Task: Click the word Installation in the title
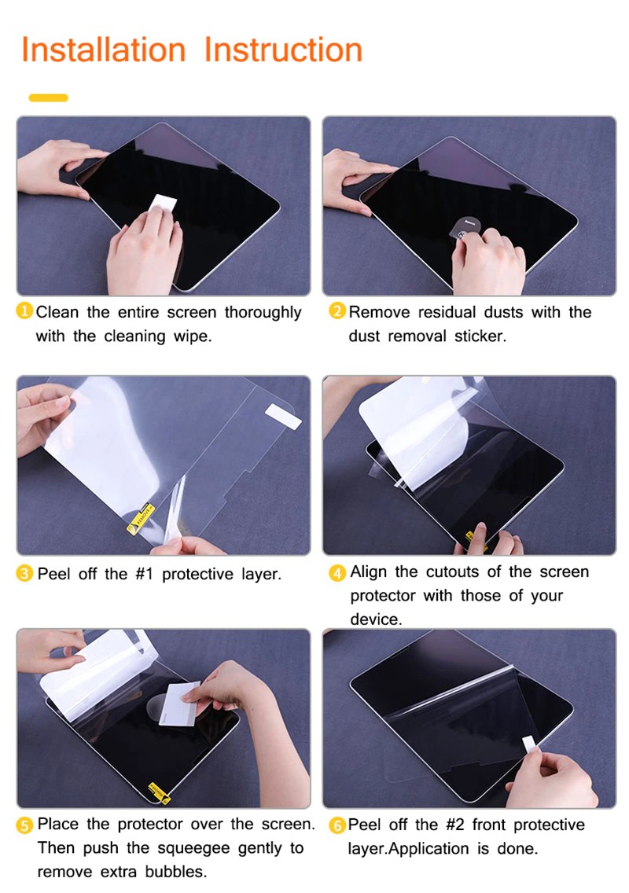coord(104,50)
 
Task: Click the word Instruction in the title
coord(283,50)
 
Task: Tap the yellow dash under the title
coord(49,98)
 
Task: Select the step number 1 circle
coord(24,311)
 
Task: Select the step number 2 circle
coord(337,311)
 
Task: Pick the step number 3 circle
coord(24,574)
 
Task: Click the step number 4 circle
coord(337,572)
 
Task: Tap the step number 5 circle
coord(24,825)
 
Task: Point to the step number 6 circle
coord(337,825)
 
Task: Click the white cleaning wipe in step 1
coord(163,204)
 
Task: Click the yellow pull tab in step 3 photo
coord(141,518)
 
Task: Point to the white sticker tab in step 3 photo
coord(283,416)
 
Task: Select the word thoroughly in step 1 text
coord(263,313)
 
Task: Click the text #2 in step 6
coord(455,825)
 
